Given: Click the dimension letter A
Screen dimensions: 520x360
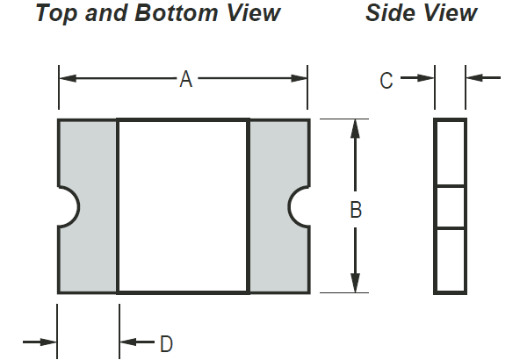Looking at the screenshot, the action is click(186, 79).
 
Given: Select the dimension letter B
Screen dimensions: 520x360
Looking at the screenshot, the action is click(356, 210).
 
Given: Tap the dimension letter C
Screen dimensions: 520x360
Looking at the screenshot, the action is click(386, 81).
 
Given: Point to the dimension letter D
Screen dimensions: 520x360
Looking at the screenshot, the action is click(167, 344).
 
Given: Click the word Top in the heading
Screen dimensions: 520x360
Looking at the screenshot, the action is click(57, 13).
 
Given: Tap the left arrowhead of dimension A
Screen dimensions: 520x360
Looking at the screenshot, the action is click(68, 78).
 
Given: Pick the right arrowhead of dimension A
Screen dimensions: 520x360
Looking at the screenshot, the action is click(299, 78).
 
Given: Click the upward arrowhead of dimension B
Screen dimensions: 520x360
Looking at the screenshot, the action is click(355, 128).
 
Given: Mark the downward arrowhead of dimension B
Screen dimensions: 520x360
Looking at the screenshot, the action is click(355, 283).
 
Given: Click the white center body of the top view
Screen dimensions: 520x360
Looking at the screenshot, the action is click(184, 206).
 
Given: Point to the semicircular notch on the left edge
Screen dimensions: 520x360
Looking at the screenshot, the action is click(78, 207).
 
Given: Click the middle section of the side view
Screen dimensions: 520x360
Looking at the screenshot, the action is click(450, 207).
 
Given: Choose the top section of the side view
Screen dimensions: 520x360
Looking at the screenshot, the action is click(450, 153).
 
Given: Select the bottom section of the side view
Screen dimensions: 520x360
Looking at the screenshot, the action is click(450, 261).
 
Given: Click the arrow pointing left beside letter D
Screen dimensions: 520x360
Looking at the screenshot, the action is click(137, 342).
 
